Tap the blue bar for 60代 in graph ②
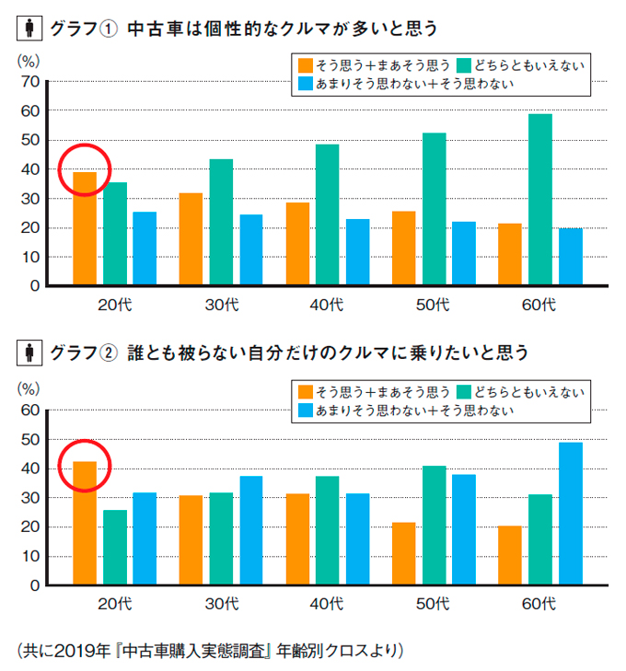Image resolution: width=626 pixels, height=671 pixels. point(571,514)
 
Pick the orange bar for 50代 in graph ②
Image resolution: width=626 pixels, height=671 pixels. point(403,553)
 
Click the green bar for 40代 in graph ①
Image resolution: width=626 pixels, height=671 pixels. point(327,214)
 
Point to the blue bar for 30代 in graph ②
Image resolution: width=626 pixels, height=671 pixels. point(251,530)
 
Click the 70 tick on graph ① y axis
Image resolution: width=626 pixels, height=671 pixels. point(29,82)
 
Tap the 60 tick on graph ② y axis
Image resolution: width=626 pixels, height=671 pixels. point(29,411)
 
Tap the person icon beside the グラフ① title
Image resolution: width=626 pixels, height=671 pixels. point(29,29)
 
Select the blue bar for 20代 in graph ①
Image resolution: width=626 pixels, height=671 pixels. point(145,249)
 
